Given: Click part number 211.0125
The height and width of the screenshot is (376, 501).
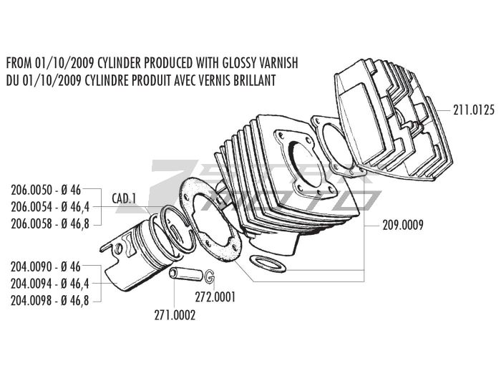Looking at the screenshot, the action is point(474,110).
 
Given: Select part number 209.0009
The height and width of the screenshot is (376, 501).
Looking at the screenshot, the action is point(403,225).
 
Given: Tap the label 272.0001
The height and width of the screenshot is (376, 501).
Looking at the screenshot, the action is point(215,297).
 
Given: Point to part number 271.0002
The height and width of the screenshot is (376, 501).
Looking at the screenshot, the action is point(175,316).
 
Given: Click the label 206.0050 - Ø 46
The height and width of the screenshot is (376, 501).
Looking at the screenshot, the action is point(46,191).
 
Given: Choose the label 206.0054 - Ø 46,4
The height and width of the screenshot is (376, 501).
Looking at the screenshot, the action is point(50,207).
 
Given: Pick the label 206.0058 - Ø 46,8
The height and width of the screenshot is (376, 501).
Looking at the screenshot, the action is point(50,223).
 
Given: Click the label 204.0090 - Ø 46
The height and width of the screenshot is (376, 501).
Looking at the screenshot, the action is point(46,266).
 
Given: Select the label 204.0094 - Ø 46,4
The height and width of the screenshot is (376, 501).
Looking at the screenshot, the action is point(50,284).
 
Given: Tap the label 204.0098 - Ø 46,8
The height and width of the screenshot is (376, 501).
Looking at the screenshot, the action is point(50,301).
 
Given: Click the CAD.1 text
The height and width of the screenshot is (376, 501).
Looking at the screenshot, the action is point(124,198).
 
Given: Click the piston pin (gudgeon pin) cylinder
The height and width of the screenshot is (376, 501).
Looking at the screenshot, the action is point(186,275).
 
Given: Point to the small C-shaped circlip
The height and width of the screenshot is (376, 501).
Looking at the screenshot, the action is point(209,276).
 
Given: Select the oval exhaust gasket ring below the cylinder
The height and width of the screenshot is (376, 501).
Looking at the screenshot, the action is point(267,264).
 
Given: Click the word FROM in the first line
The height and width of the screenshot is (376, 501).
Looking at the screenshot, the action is point(19,63).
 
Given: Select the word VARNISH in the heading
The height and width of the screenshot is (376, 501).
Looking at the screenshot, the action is point(281,63).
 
